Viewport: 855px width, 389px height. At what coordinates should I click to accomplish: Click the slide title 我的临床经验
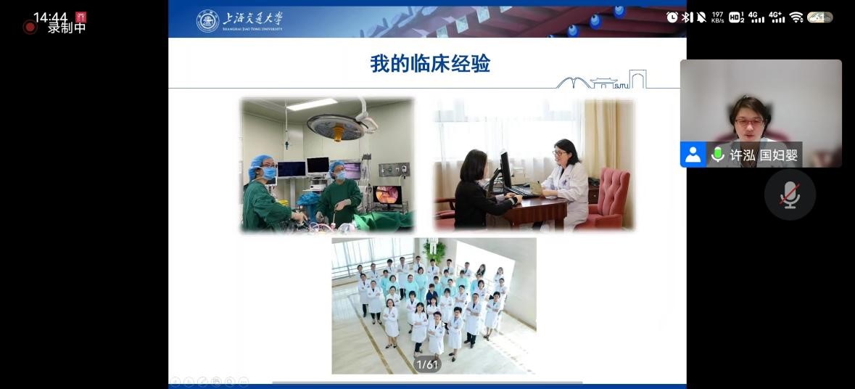pos(430,64)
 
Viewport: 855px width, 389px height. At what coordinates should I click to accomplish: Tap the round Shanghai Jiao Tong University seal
pos(207,21)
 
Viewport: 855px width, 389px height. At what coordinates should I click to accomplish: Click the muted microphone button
pos(790,194)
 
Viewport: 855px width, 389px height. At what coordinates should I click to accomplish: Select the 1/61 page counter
pos(428,364)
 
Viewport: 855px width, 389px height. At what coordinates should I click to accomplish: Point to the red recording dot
pos(30,27)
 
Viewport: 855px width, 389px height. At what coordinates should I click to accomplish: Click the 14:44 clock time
pos(50,17)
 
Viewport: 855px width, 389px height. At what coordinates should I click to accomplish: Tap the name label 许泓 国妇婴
pos(764,155)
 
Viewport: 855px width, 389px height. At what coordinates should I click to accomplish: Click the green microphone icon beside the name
pos(718,155)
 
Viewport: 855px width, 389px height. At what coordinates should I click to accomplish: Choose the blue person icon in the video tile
pos(693,155)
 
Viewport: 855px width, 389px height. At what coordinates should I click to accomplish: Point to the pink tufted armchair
pos(607,197)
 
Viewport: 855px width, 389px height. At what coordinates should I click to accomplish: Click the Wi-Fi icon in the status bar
pos(796,17)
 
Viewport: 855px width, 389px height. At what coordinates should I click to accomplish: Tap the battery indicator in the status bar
pos(819,17)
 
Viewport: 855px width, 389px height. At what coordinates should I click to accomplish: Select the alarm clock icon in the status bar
pos(672,17)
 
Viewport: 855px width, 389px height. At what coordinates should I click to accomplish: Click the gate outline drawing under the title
pos(601,81)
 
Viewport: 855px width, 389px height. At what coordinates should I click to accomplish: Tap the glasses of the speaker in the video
pos(749,122)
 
